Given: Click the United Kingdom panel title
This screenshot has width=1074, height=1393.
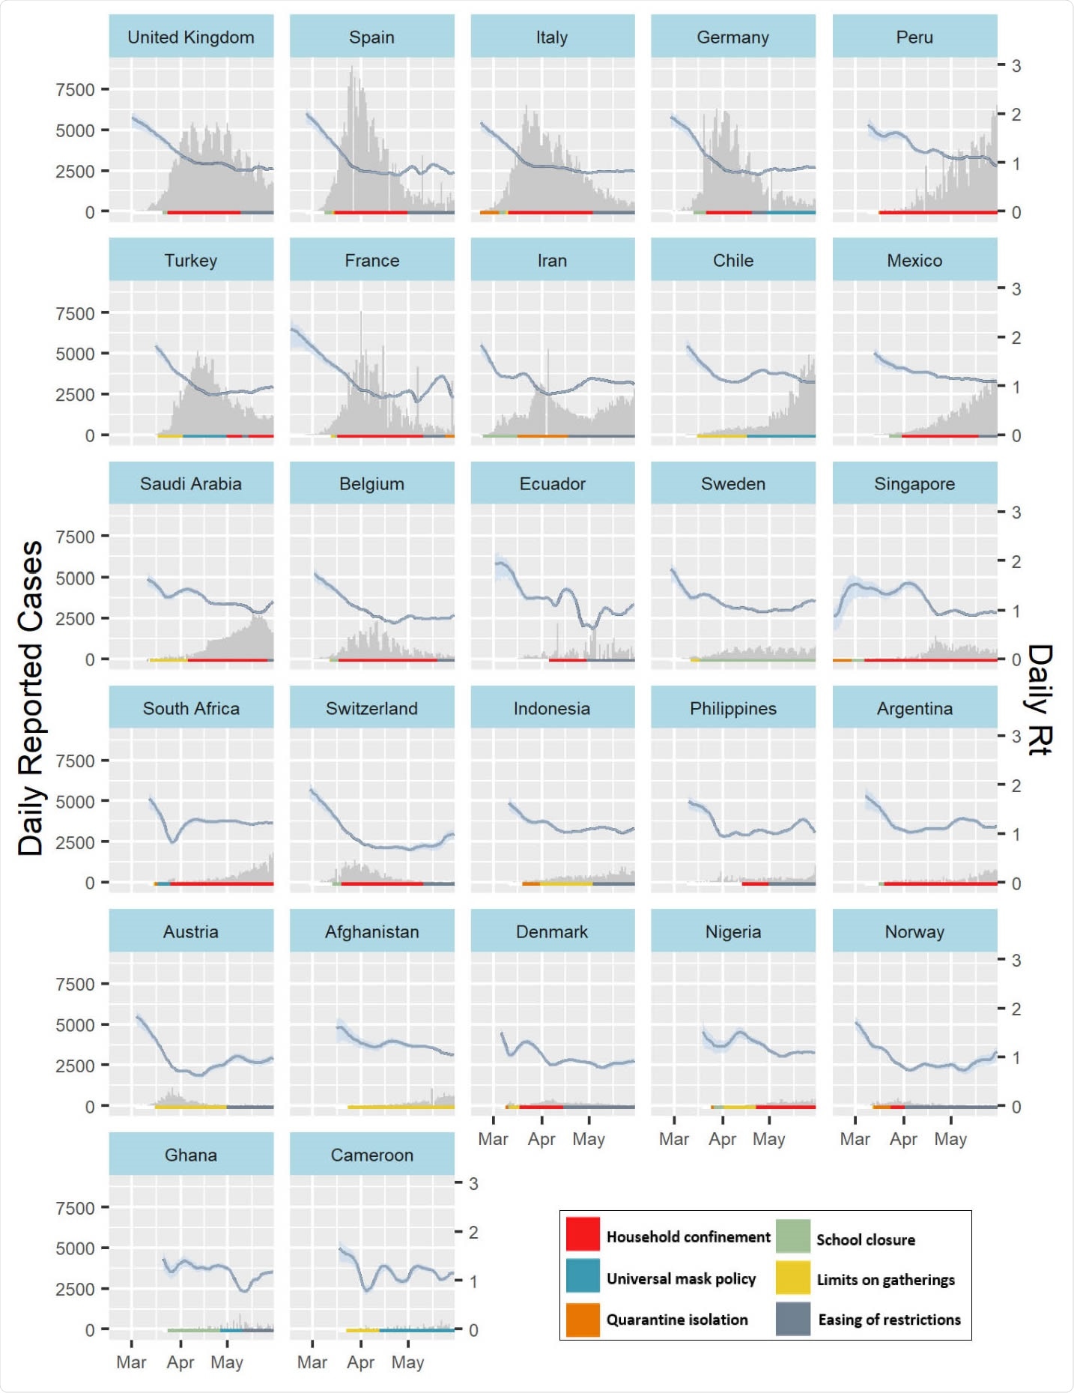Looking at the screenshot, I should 191,37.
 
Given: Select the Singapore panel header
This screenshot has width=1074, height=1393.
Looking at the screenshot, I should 914,483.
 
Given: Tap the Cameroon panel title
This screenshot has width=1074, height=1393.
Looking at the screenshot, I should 371,1155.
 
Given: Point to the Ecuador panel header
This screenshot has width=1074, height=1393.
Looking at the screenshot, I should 552,483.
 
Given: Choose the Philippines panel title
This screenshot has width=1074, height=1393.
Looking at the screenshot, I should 732,708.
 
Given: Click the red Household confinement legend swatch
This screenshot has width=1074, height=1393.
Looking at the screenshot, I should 583,1234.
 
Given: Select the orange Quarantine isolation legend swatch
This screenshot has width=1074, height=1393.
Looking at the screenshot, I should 583,1320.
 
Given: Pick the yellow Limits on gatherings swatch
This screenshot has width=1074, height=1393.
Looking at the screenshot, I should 792,1278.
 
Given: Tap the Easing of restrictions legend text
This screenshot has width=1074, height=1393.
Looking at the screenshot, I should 889,1320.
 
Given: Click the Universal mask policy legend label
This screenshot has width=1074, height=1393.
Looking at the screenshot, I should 681,1278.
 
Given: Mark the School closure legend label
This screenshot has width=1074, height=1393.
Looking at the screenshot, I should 865,1239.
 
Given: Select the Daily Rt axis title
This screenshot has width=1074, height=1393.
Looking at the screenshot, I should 1040,698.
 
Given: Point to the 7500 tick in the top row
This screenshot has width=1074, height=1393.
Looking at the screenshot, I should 75,90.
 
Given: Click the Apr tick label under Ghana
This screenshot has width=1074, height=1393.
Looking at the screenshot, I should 180,1362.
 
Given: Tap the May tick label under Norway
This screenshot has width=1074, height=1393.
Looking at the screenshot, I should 950,1139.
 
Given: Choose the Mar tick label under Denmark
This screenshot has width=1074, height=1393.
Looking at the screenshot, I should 493,1139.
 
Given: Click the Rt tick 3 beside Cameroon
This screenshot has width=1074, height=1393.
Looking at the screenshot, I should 473,1183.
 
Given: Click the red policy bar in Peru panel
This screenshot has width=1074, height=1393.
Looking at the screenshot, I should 936,212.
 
